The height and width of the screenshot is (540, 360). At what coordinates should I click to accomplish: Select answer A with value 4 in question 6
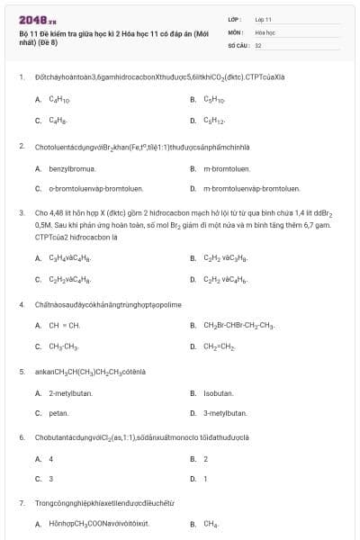(x=50, y=459)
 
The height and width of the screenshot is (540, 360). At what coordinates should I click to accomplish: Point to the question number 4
(x=21, y=304)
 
